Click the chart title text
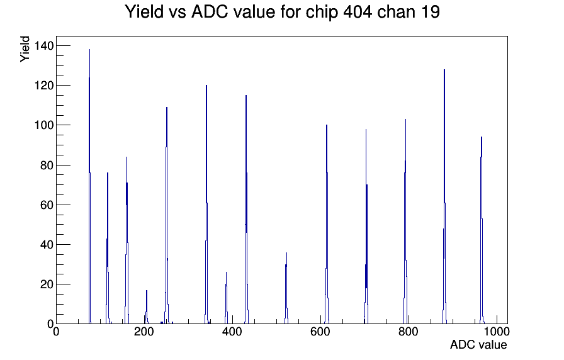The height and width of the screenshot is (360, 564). [x=282, y=12]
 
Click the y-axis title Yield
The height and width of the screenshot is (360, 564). [x=25, y=49]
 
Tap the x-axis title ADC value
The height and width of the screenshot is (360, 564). [x=478, y=344]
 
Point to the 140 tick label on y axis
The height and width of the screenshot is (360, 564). [x=43, y=46]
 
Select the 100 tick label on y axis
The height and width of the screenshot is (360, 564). [x=43, y=125]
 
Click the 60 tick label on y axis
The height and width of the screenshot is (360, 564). [x=47, y=205]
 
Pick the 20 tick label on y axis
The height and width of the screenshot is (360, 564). [x=47, y=284]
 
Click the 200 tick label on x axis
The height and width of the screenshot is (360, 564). [x=144, y=332]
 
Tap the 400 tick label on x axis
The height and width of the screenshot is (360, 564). [x=232, y=332]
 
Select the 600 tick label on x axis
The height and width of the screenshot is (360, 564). [x=320, y=332]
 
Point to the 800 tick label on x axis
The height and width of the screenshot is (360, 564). [x=409, y=332]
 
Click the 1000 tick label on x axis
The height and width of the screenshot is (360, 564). [x=497, y=332]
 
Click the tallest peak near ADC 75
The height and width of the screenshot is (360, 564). [x=89, y=186]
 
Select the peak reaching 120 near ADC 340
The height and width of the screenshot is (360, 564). [x=206, y=205]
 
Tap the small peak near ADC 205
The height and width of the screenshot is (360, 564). [x=147, y=307]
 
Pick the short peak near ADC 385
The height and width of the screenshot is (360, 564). [x=226, y=298]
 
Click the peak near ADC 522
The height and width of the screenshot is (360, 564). [x=286, y=288]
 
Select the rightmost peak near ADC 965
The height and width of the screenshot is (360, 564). [x=482, y=230]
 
